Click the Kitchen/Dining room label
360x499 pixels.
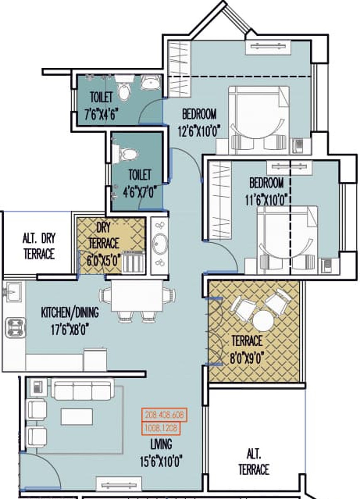70,313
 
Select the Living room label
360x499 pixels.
161,444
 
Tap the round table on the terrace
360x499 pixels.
263,321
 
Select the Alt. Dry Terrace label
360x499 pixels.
39,246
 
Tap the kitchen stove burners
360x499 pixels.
15,328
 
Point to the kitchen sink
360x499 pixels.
13,292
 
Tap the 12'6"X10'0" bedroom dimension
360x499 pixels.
199,132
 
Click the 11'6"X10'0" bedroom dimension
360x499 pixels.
266,200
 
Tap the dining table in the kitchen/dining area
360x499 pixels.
137,296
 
